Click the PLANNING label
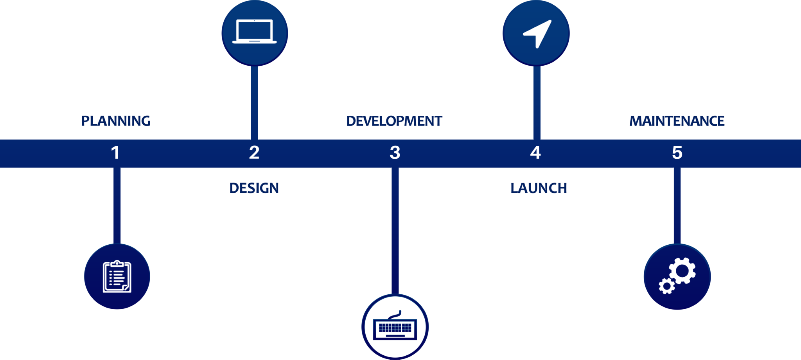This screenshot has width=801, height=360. click(x=116, y=121)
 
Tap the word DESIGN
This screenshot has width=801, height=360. click(x=254, y=188)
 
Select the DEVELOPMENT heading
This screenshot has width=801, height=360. click(x=394, y=121)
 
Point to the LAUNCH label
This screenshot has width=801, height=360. click(x=539, y=188)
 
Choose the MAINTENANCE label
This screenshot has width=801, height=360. click(x=677, y=121)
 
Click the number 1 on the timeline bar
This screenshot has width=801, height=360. click(x=115, y=152)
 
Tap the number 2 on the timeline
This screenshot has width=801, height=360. click(x=254, y=152)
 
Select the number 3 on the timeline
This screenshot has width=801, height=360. click(x=395, y=152)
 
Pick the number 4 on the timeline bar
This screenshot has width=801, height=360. click(x=535, y=152)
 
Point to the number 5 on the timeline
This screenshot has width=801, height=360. click(x=677, y=152)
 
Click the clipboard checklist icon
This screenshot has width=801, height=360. click(x=117, y=276)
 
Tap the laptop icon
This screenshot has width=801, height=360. click(x=255, y=31)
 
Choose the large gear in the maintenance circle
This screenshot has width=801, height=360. click(x=682, y=270)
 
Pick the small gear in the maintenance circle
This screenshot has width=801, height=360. click(x=667, y=286)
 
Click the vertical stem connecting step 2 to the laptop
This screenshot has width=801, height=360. click(x=254, y=102)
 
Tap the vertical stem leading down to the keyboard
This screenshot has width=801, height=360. click(x=395, y=231)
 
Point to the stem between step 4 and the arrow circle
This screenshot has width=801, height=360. click(x=537, y=102)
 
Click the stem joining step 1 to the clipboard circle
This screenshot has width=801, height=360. click(x=117, y=206)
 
